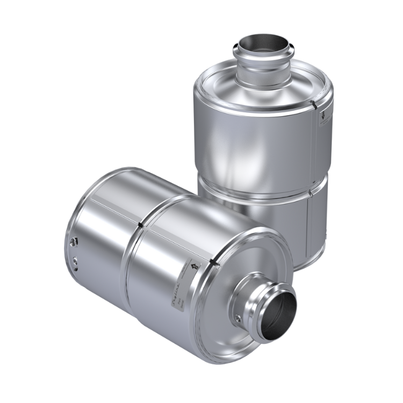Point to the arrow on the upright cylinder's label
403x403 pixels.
point(320,114)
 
